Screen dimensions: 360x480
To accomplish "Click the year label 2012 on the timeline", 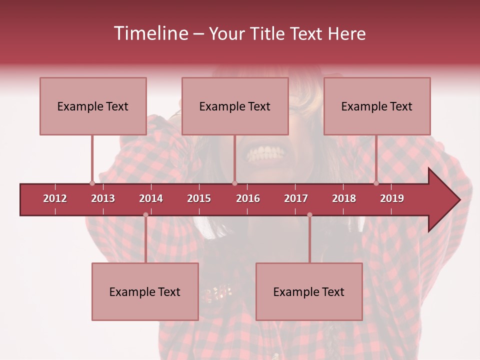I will coord(55,198).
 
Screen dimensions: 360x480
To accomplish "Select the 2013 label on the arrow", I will coord(103,198).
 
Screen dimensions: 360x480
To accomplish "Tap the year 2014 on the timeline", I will coord(151,198).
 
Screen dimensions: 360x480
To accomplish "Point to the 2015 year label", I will coord(199,198).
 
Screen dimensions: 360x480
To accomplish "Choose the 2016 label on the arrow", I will coord(248,198).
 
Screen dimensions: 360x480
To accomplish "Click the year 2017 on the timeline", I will coord(296,198).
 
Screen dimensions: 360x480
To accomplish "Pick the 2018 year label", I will coord(344,198).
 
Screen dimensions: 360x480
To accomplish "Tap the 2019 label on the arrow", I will coord(392,198).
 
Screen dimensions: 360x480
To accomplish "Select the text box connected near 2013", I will coord(93,106).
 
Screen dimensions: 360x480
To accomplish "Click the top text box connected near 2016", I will coord(235,106).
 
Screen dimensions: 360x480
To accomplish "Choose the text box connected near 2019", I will coord(377,106).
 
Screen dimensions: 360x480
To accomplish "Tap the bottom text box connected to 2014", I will coord(145,291).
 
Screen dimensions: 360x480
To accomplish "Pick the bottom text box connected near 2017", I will coord(309,291).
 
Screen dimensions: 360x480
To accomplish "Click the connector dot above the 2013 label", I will coord(92,183).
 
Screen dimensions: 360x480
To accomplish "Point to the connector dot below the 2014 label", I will coord(145,215).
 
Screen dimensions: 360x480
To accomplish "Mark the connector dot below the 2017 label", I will coord(309,215).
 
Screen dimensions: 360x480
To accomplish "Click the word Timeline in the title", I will coord(150,33).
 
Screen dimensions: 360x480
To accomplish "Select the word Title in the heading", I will coord(269,33).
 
